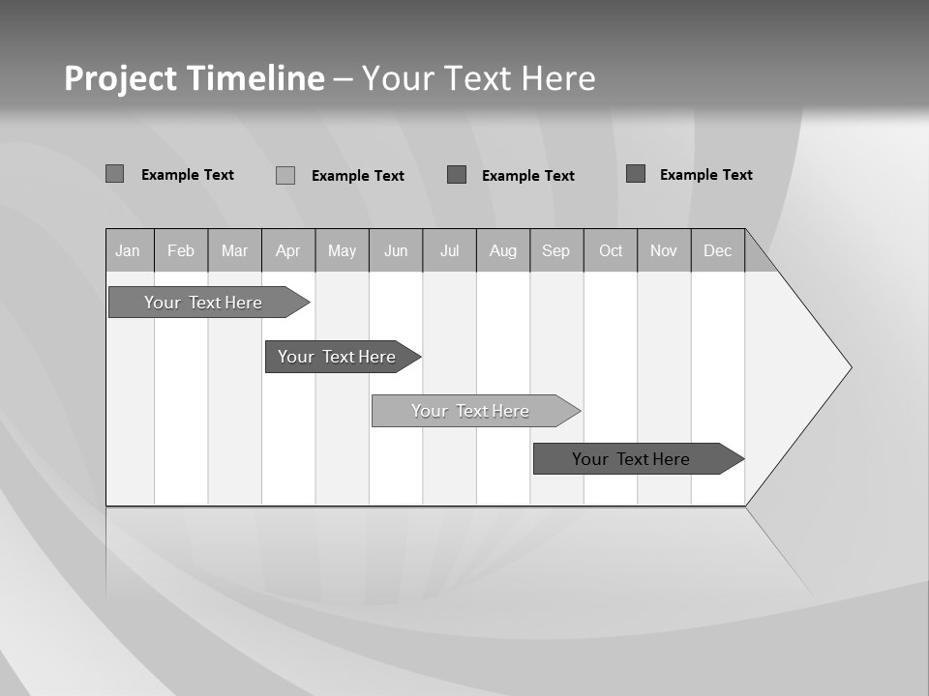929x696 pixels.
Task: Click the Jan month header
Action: coord(129,251)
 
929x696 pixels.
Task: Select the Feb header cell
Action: coord(181,251)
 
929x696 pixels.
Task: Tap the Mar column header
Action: coord(234,251)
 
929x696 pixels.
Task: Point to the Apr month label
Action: coord(288,251)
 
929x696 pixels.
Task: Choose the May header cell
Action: coord(342,251)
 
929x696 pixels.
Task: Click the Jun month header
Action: coord(396,251)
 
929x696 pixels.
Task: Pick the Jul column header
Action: coord(450,251)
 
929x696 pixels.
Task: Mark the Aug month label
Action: coord(503,251)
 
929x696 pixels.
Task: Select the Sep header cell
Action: coord(556,251)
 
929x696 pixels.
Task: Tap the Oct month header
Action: coord(611,251)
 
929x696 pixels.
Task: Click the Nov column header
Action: coord(664,251)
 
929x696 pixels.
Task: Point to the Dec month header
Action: coord(718,251)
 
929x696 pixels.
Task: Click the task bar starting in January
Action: coord(204,303)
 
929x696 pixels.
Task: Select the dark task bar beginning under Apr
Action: coord(338,357)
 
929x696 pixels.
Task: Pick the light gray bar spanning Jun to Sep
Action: coord(471,411)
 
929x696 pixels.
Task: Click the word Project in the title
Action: coord(120,78)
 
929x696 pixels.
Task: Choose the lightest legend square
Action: coord(285,175)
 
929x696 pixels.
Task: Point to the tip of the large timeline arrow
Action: coord(851,367)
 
